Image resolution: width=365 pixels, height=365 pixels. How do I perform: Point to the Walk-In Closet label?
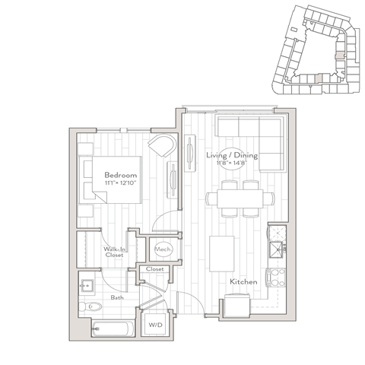[x=116, y=250]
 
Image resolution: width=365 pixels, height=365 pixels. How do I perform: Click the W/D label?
[x=156, y=325]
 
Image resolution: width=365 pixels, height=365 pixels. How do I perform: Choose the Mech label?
[x=163, y=249]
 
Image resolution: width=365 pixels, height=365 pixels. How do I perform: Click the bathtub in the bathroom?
[x=113, y=329]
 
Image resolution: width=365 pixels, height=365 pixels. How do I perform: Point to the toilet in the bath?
[x=90, y=307]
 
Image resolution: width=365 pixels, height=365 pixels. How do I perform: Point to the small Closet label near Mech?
[x=155, y=269]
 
